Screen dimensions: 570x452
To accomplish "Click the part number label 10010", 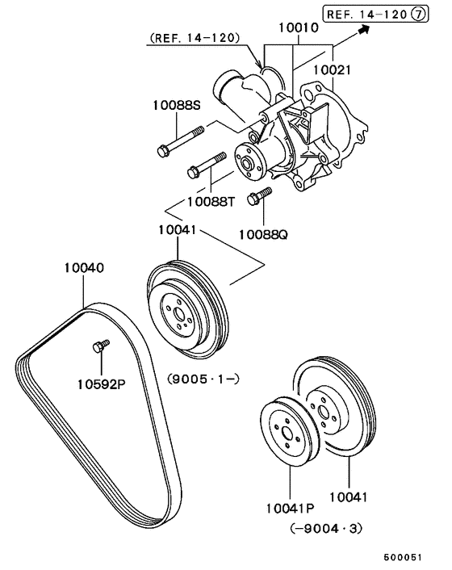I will (298, 27).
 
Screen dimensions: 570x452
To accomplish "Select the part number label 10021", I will (331, 71).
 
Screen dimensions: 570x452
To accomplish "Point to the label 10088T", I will (211, 201).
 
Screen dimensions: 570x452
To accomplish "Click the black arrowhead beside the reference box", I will (363, 30).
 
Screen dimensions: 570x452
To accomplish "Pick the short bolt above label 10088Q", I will (260, 195).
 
